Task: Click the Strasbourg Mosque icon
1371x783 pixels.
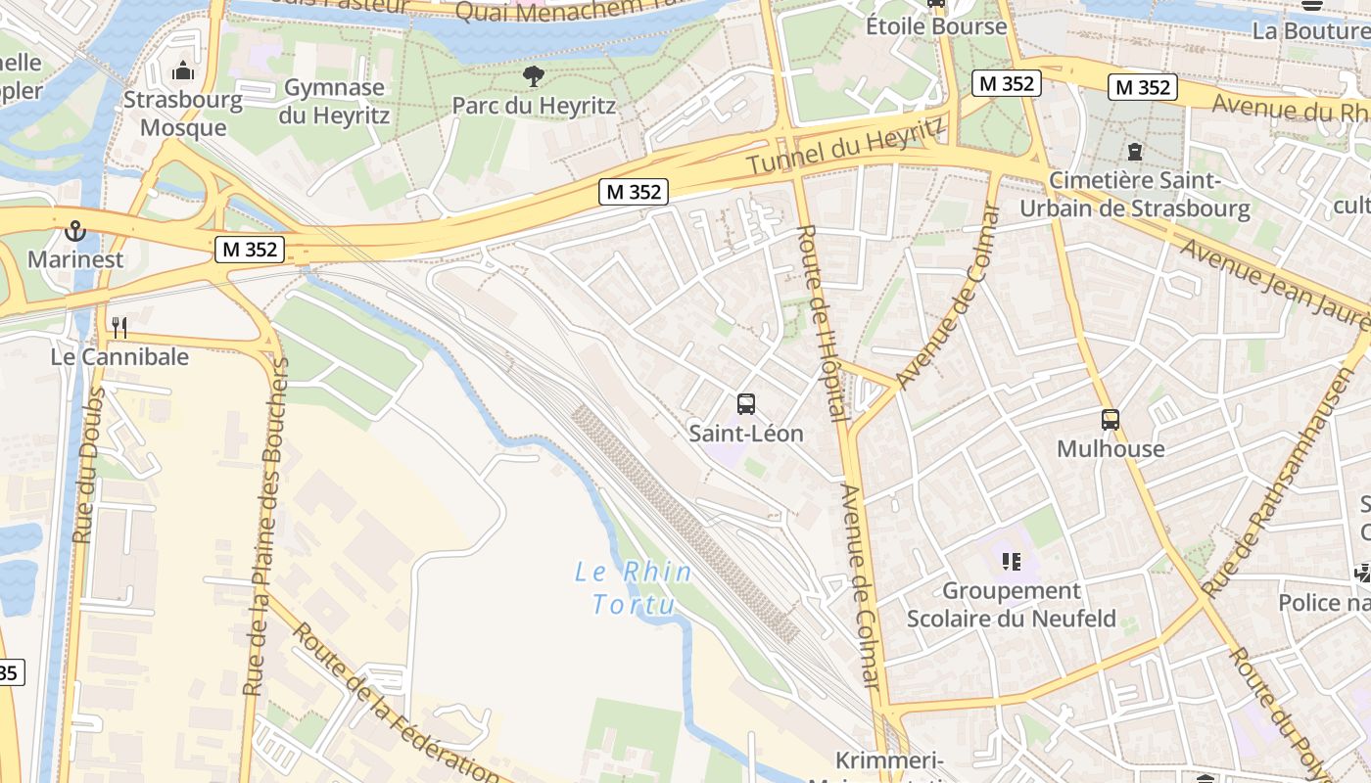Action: tap(183, 71)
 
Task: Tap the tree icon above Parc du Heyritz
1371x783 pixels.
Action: tap(533, 76)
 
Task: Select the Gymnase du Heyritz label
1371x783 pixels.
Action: tap(334, 102)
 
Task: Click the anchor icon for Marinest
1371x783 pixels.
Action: tap(74, 231)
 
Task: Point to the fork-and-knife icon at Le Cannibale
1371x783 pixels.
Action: tap(119, 327)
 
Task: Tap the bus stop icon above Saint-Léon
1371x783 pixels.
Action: tap(745, 403)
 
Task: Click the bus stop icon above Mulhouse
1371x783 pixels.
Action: tap(1110, 420)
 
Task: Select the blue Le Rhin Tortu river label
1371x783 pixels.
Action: tap(634, 587)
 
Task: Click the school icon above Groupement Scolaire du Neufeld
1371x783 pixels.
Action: tap(1011, 562)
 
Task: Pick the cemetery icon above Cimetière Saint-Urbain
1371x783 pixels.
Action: tap(1134, 152)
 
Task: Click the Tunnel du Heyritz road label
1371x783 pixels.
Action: tap(847, 147)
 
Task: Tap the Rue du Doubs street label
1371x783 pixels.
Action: tap(88, 465)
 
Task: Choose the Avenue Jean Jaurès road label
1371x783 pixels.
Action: tap(1273, 284)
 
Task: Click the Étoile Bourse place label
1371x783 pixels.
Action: tap(936, 26)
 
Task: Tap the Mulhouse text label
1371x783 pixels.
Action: tap(1111, 449)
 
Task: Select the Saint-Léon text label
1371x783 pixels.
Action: tap(746, 433)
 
